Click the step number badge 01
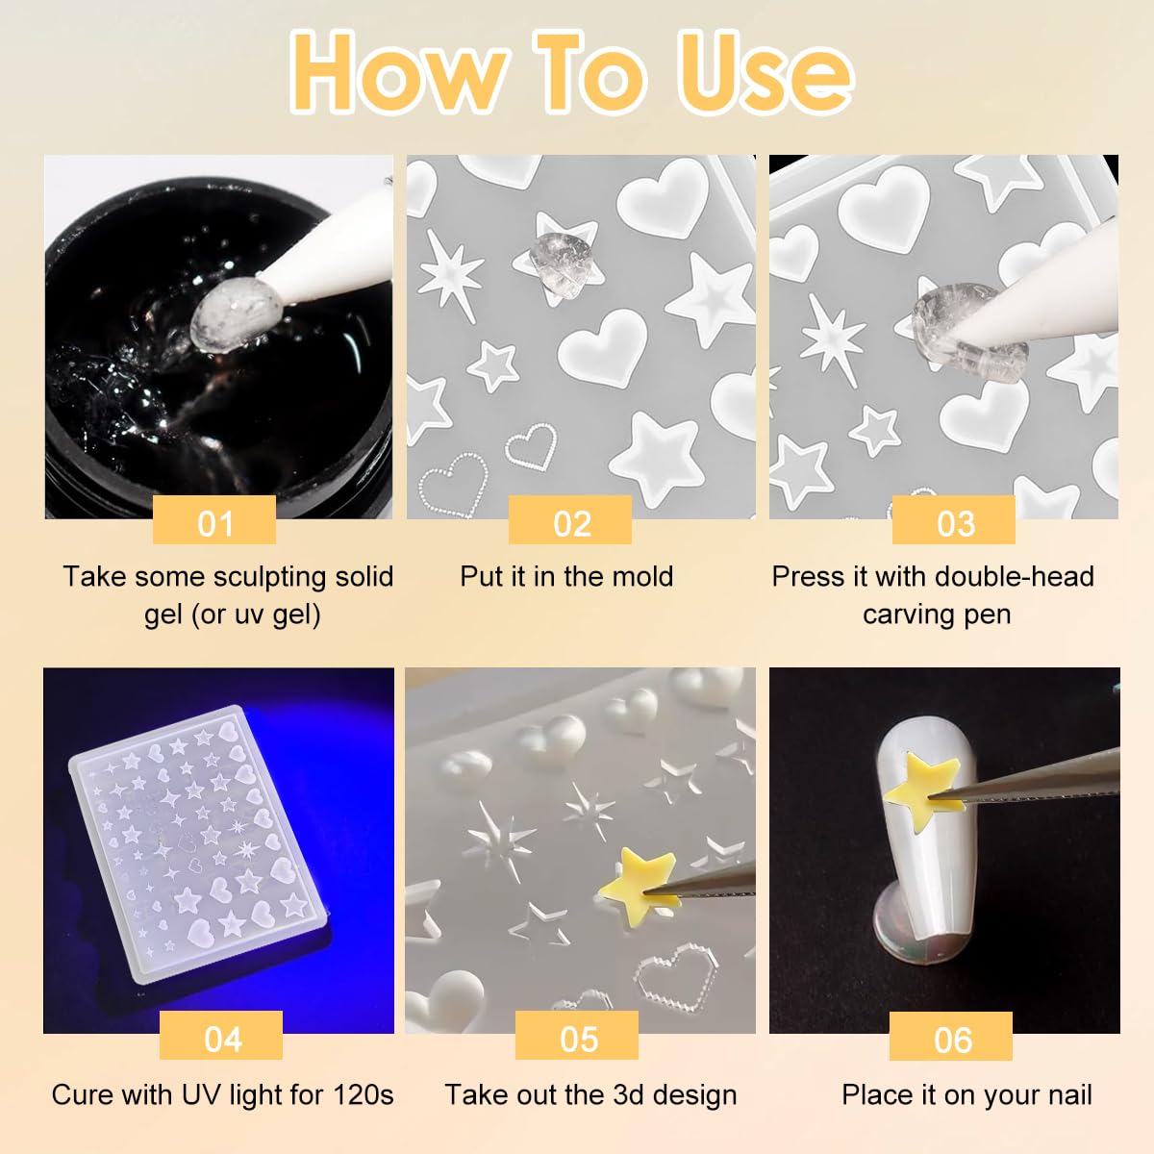click(214, 522)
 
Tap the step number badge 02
click(570, 522)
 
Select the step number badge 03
click(954, 522)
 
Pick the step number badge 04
click(221, 1038)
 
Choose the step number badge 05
click(577, 1038)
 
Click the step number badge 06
click(951, 1039)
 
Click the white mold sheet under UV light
click(197, 846)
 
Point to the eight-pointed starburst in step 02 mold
click(450, 273)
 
